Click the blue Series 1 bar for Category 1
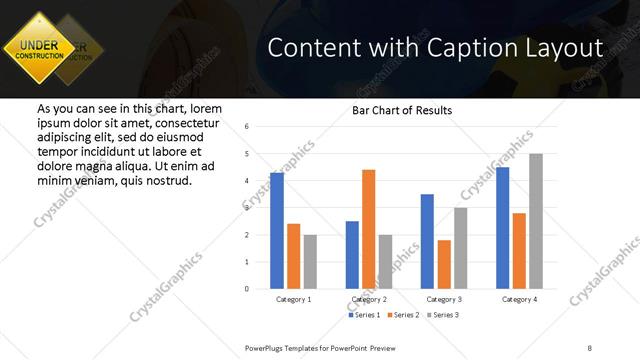[x=277, y=231]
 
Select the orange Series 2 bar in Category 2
[x=369, y=229]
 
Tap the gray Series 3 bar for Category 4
[x=535, y=221]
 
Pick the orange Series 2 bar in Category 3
[x=444, y=264]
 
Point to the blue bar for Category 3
[x=427, y=241]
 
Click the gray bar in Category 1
[x=310, y=262]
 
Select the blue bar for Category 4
[x=502, y=228]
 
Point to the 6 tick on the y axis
[x=247, y=127]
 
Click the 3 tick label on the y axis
[x=247, y=208]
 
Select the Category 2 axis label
[x=369, y=299]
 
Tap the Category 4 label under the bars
[x=518, y=299]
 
